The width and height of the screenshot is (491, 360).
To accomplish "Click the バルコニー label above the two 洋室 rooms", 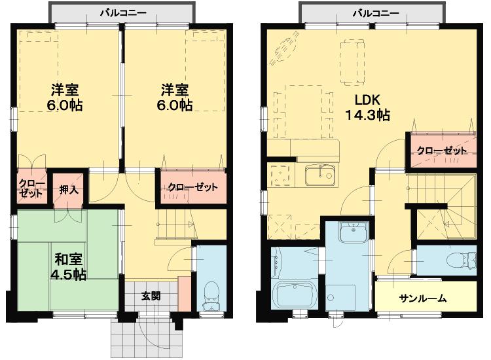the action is pos(123,13).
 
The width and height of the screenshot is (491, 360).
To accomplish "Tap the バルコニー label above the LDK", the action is pos(376,13).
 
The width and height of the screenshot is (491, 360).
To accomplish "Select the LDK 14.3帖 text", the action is pos(367,107).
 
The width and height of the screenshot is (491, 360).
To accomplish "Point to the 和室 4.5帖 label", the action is pos(69,266).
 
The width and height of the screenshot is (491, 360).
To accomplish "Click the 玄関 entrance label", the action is pos(151,295).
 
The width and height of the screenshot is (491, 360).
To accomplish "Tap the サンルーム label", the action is pos(423,298).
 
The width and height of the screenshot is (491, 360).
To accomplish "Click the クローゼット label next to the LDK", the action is pos(441,151).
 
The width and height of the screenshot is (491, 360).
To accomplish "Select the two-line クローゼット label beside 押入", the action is pos(31,188).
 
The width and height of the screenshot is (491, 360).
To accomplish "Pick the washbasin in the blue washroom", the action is pos(354,232).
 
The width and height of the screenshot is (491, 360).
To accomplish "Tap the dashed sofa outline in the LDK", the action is pos(352,62).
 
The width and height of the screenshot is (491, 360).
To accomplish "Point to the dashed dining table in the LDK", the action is pos(304,111).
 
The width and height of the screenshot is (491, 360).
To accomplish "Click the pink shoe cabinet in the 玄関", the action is pos(184,294).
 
